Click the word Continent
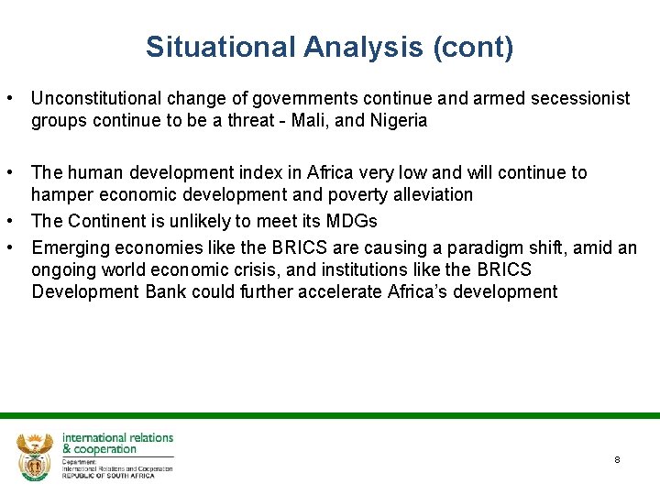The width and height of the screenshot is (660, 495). click(102, 221)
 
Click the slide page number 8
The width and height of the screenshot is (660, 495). click(617, 459)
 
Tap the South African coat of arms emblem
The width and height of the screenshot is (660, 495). click(36, 455)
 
